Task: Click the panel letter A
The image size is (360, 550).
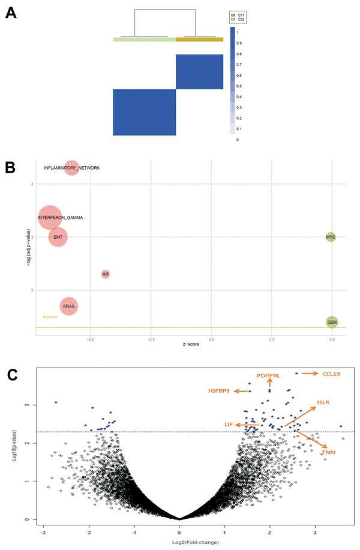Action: [x=11, y=13]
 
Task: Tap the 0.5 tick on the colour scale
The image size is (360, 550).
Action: [x=238, y=85]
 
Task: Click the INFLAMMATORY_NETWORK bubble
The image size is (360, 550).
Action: [x=71, y=168]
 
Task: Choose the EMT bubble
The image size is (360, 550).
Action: [x=58, y=238]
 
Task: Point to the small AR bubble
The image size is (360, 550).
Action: [x=106, y=274]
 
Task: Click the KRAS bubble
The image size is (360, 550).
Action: [x=68, y=306]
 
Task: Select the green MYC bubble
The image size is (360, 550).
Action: [x=331, y=238]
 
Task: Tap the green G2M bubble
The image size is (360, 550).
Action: [x=332, y=323]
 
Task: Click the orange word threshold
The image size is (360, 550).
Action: [x=50, y=317]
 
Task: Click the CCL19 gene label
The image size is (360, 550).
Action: [x=331, y=374]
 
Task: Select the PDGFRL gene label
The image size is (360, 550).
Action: [x=268, y=375]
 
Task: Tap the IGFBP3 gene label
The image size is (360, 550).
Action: [x=220, y=391]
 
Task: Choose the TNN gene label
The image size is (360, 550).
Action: [x=328, y=452]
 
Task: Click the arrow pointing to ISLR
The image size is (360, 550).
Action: [x=300, y=417]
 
